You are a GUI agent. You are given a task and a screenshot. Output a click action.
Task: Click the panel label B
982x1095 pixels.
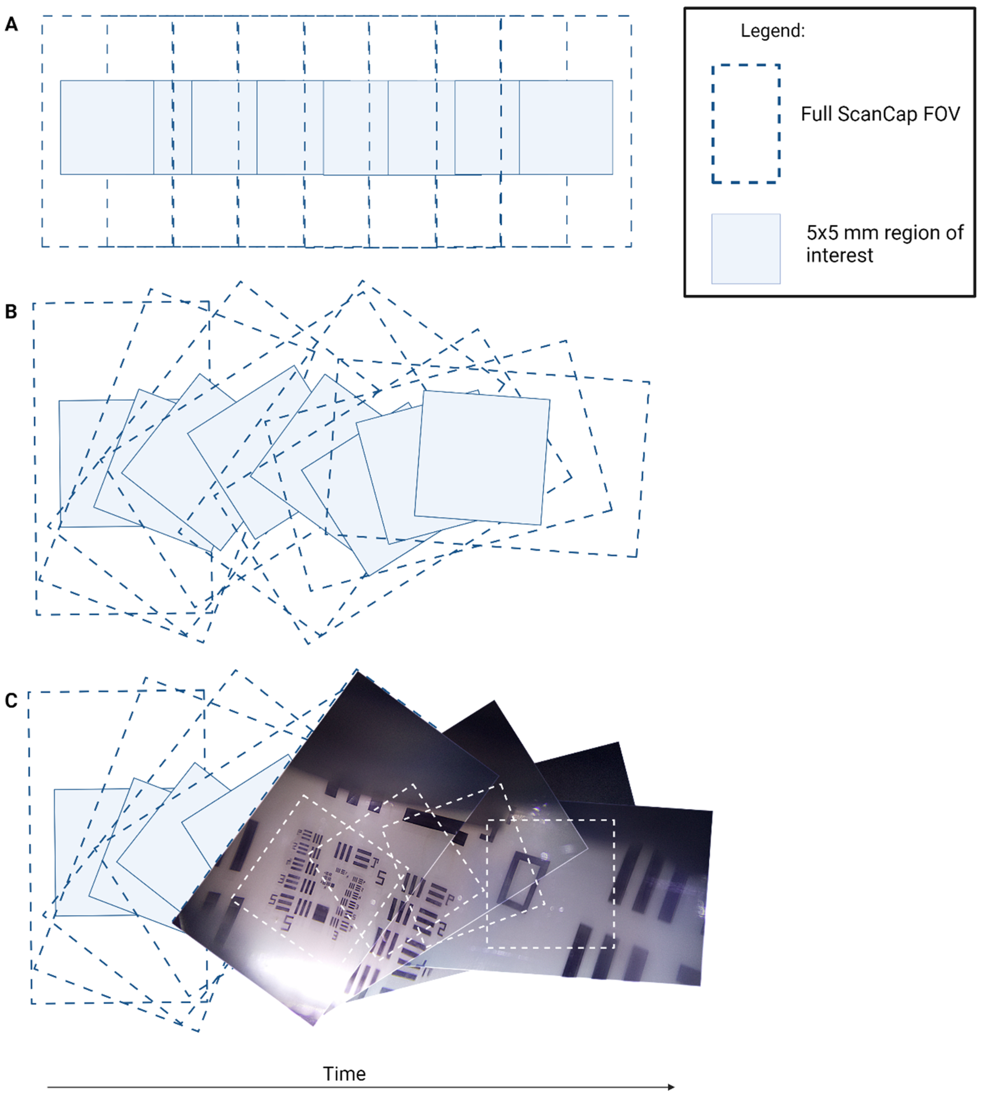[x=11, y=312]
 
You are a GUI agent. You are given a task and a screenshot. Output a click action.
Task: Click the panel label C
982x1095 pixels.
[x=11, y=700]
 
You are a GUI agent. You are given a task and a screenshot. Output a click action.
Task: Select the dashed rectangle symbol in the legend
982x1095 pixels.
[x=746, y=124]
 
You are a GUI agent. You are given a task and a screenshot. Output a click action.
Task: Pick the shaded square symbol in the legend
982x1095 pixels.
[x=746, y=249]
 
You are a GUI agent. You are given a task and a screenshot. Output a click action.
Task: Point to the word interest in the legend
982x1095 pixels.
[x=839, y=255]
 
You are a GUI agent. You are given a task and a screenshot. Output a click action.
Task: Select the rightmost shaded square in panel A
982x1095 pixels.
[x=567, y=127]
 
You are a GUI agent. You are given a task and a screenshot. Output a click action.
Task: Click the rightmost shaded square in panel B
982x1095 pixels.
[x=482, y=458]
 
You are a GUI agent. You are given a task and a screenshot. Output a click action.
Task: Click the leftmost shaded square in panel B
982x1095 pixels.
[x=81, y=464]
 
